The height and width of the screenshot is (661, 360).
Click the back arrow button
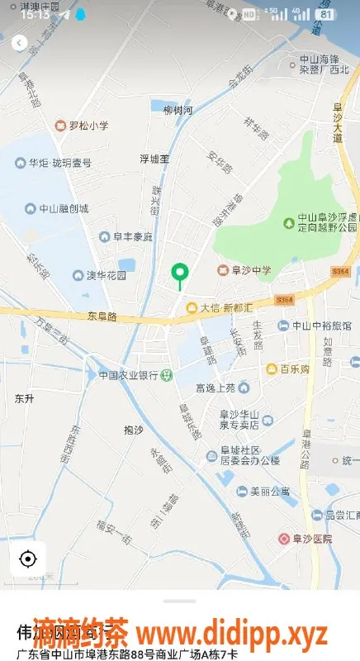point(18,42)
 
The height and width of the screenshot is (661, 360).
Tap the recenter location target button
point(27,559)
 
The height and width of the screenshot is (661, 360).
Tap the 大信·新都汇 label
point(222,308)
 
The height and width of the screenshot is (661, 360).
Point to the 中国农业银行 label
point(129,374)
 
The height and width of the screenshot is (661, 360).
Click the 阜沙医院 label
point(310,539)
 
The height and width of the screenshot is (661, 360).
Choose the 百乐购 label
point(293,369)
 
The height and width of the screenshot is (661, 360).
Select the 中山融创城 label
point(64,209)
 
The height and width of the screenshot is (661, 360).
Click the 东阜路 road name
point(102,316)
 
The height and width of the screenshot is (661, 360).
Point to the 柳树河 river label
point(178,110)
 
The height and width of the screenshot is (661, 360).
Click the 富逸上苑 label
point(216,387)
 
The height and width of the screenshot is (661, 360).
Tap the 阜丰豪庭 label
point(132,237)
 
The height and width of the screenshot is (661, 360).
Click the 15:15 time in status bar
point(36,14)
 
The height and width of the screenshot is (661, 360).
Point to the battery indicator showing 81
point(326,14)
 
